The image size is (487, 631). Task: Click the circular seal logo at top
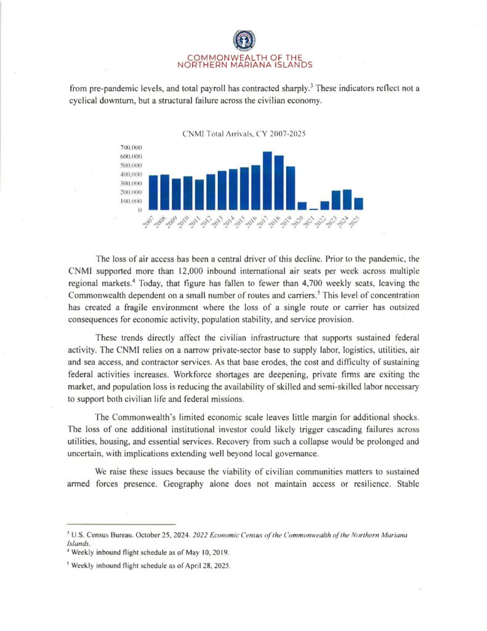244,41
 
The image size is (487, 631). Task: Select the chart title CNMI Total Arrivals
244,134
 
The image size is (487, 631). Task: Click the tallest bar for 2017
267,181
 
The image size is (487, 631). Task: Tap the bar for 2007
153,192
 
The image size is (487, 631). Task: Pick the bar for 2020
302,206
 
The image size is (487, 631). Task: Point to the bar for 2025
358,203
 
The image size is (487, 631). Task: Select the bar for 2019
290,188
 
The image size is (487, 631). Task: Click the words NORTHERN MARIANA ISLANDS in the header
244,64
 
